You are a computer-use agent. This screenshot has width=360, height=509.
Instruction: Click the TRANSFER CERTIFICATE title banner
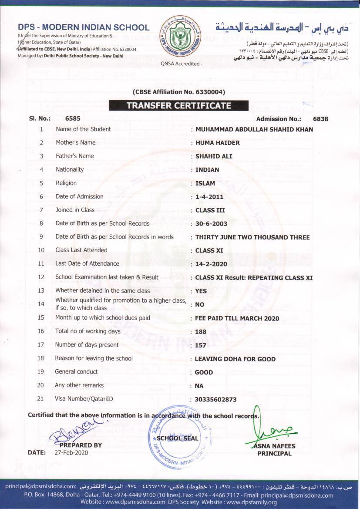(178, 105)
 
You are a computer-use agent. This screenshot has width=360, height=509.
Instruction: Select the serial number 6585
(73, 118)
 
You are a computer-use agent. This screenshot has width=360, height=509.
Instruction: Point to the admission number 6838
(320, 119)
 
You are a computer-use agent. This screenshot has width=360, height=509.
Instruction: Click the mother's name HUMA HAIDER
(218, 143)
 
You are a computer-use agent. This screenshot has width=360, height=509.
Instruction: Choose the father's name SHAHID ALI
(214, 156)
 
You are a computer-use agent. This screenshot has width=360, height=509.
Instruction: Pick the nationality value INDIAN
(207, 170)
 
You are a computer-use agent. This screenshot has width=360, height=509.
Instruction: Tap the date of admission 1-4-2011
(209, 197)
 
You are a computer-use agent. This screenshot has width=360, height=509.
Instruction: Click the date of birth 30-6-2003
(211, 224)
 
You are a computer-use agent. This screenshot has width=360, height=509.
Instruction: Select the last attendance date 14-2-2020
(211, 264)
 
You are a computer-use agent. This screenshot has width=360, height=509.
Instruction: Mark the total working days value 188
(201, 332)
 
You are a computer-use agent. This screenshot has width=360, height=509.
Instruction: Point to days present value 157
(201, 345)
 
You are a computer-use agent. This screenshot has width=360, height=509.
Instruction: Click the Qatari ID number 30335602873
(216, 399)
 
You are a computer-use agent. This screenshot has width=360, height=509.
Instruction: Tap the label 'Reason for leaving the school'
(94, 358)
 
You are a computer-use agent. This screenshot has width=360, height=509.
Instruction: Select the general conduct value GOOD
(204, 372)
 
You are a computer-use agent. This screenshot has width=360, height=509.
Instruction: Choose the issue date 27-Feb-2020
(71, 453)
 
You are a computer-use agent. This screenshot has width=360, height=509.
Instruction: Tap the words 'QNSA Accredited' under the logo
(180, 64)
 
